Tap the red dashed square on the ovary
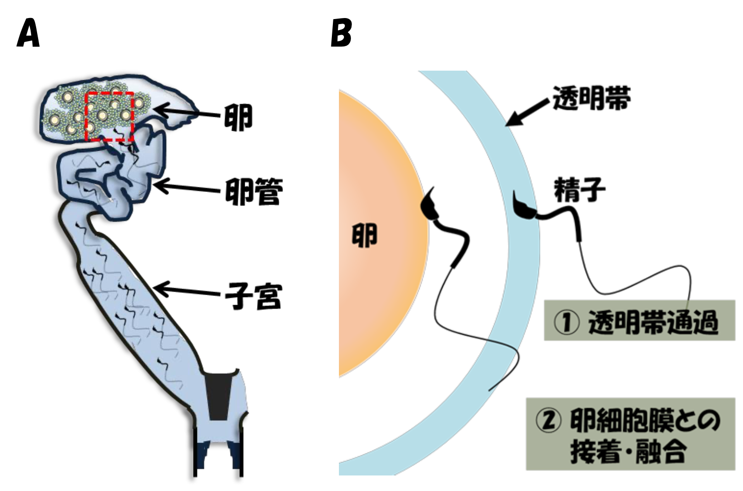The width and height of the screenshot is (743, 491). [109, 116]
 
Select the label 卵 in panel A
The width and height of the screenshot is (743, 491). [238, 118]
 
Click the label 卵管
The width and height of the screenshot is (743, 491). [254, 191]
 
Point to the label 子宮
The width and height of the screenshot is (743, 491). [254, 296]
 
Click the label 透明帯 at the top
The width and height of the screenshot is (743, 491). [592, 98]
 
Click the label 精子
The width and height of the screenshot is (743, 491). [580, 190]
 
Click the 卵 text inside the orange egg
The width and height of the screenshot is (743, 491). [364, 235]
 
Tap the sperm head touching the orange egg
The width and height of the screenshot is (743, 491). [429, 205]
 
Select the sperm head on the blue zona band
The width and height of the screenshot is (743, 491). [523, 207]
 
